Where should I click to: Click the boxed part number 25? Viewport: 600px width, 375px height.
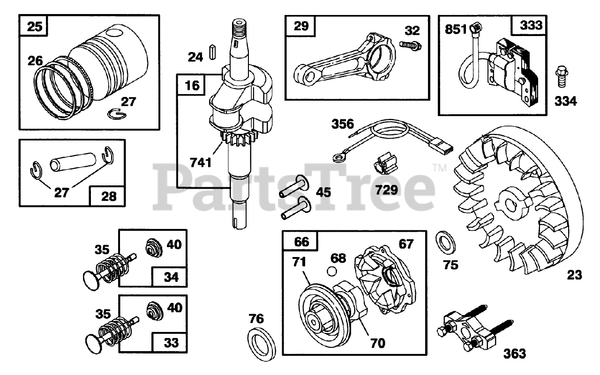click(x=34, y=27)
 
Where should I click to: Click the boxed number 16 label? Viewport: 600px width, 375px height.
click(x=192, y=85)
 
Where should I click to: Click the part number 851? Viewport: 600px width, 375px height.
click(x=455, y=29)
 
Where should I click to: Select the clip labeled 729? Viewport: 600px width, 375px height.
click(x=386, y=167)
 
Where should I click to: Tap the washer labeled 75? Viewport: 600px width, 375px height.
click(x=443, y=240)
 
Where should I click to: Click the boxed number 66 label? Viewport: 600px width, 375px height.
click(x=301, y=243)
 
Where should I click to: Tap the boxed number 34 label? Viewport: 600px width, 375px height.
click(x=171, y=277)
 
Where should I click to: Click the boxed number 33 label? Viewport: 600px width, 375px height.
click(x=171, y=343)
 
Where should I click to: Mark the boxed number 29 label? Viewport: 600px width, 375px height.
click(x=301, y=26)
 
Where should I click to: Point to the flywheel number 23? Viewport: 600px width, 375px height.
click(x=574, y=275)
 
